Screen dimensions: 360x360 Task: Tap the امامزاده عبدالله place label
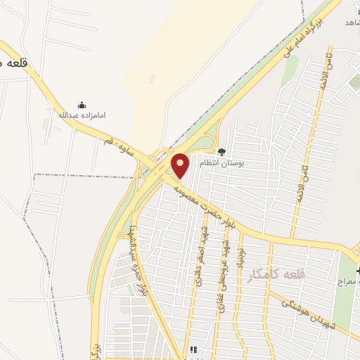82,115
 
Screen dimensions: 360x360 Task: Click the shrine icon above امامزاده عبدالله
82,105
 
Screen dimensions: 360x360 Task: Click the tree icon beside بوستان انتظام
222,151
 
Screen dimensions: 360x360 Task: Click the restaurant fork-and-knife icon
194,349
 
